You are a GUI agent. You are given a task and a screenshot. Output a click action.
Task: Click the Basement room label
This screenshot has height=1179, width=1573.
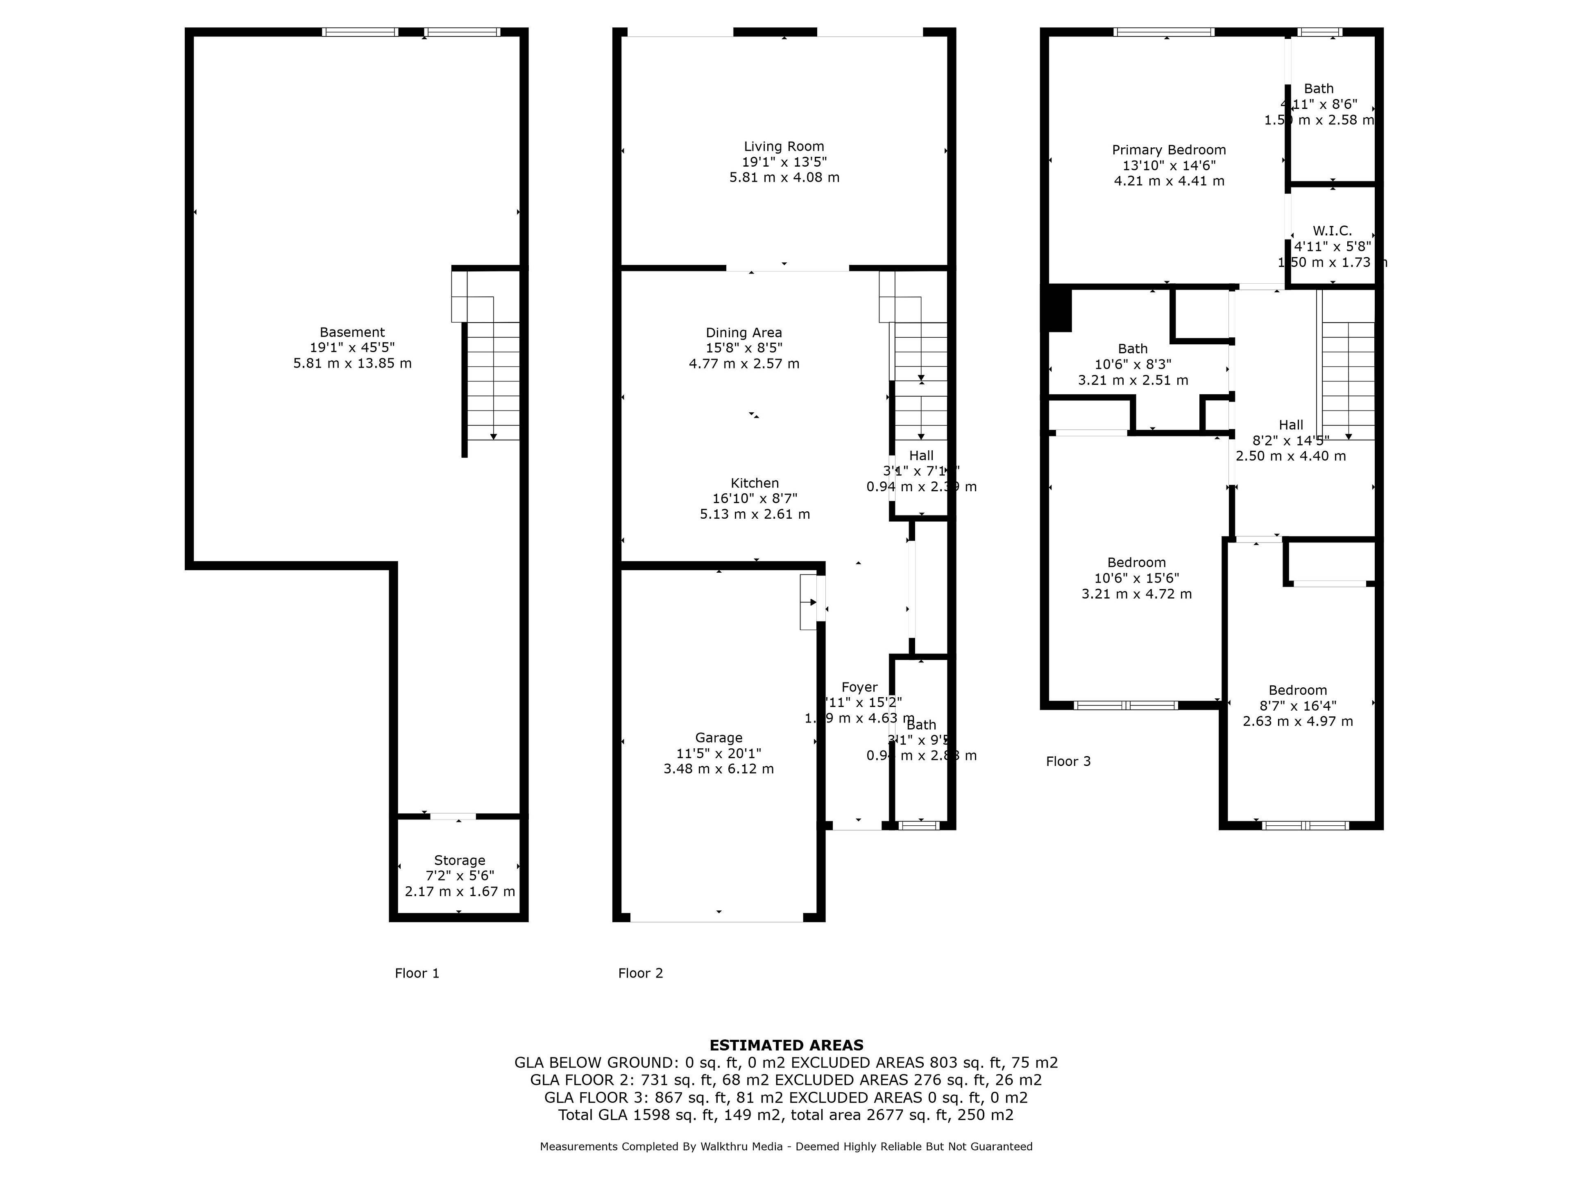(x=352, y=332)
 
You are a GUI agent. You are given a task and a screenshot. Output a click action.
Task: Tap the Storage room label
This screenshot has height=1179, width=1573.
(x=459, y=860)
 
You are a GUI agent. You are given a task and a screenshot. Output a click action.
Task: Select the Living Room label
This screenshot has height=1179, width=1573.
(x=784, y=147)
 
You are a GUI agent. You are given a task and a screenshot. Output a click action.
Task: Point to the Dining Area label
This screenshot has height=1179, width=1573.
(x=744, y=332)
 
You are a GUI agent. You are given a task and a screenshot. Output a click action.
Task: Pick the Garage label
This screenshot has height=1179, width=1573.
(x=718, y=738)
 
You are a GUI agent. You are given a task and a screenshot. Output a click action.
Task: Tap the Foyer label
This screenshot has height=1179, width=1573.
(x=859, y=687)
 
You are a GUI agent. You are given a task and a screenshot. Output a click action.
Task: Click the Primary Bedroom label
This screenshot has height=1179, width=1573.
(x=1168, y=150)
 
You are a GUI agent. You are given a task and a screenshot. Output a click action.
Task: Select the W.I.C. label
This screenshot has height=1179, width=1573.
(x=1332, y=231)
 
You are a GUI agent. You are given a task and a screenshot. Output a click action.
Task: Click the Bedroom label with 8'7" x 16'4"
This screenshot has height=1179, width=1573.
(x=1297, y=690)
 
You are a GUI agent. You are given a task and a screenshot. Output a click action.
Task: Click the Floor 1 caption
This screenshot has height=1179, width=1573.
(x=417, y=973)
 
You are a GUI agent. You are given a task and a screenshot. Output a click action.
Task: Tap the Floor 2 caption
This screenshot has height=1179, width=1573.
(x=640, y=973)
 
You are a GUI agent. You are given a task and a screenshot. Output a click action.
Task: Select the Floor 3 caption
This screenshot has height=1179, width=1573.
(x=1068, y=761)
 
